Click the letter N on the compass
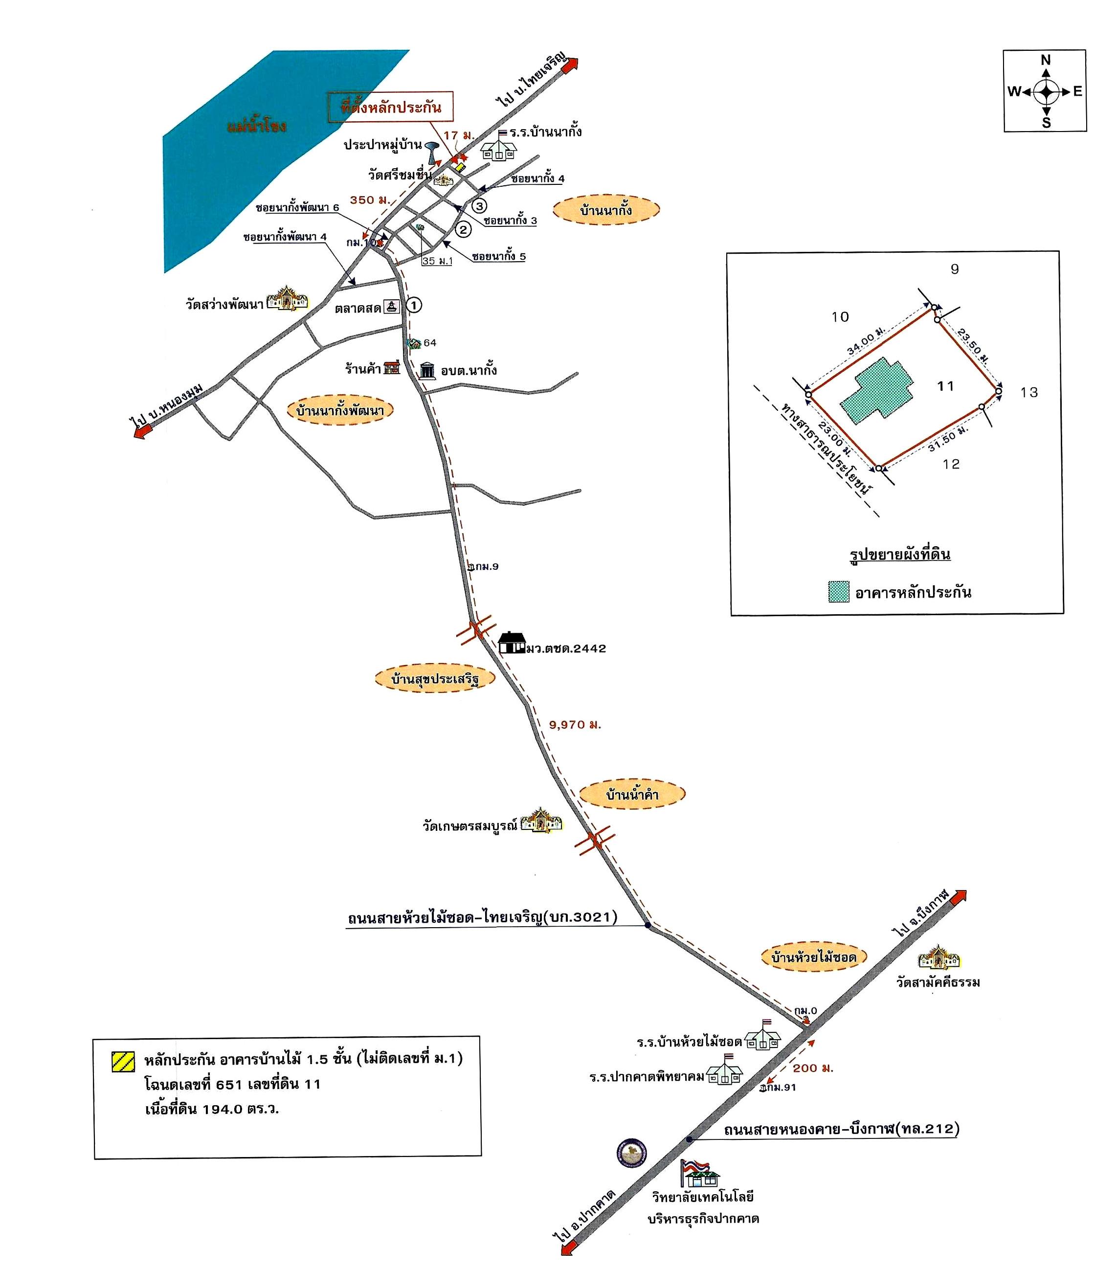point(1046,60)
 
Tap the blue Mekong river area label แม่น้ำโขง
point(256,127)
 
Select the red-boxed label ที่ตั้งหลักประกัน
point(390,108)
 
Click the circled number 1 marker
point(413,305)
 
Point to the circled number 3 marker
point(479,206)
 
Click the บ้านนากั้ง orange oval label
point(606,210)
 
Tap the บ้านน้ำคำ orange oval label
point(632,795)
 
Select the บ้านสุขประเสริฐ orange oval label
point(435,678)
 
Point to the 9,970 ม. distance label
point(575,724)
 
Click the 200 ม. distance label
point(813,1068)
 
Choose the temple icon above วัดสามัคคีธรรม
point(938,958)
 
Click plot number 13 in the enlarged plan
point(1029,393)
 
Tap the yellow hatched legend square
point(123,1061)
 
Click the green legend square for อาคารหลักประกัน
point(839,592)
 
